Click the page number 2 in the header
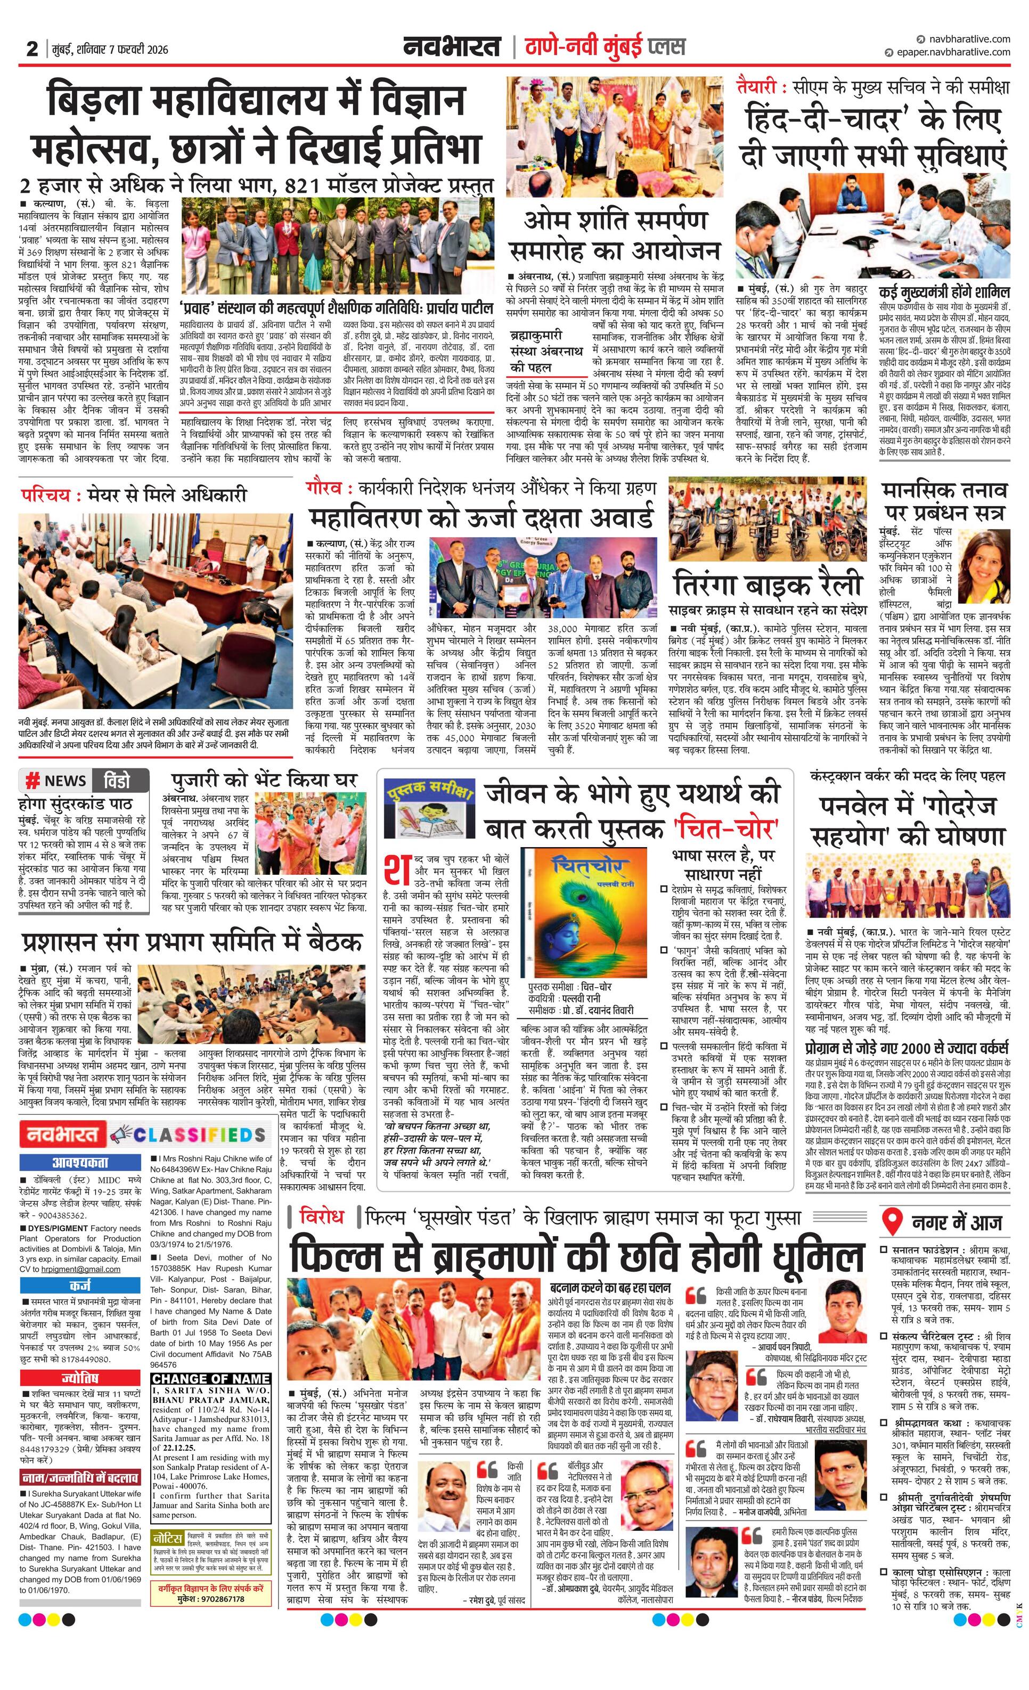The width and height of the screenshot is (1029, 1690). click(31, 48)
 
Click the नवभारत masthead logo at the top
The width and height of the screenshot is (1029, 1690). click(453, 47)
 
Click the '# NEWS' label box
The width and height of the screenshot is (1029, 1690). click(56, 781)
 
